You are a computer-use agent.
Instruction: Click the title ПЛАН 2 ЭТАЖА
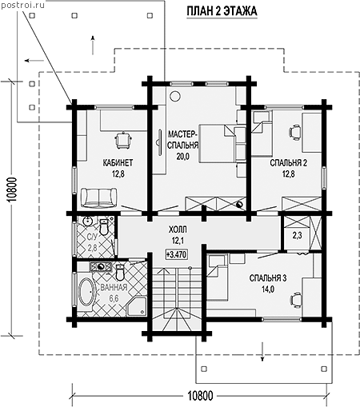point(222,11)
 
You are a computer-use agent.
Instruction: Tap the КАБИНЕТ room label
point(118,162)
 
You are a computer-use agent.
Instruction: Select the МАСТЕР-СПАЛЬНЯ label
point(183,139)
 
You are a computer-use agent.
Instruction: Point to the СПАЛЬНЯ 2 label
point(288,162)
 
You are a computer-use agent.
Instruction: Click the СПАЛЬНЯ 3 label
point(268,278)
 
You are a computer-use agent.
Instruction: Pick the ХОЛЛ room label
point(178,229)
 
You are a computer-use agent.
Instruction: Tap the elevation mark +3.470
point(177,254)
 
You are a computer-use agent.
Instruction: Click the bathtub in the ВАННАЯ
point(86,292)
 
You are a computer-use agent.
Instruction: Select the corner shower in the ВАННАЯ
point(137,305)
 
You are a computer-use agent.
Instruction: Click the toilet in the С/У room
point(104,227)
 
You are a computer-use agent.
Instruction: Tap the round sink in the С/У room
point(87,221)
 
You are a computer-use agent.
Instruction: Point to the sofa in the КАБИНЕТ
point(98,198)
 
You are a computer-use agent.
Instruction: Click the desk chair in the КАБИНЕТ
point(123,140)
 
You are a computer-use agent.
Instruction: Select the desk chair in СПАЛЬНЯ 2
point(294,133)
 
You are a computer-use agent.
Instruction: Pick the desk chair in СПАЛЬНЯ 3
point(295,300)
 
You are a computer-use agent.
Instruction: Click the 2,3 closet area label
point(297,236)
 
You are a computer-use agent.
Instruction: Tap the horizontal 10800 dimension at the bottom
point(201,396)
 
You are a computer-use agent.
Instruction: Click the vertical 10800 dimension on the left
point(13,190)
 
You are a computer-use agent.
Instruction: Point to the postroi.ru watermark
point(22,5)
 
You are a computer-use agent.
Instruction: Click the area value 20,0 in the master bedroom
point(182,156)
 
